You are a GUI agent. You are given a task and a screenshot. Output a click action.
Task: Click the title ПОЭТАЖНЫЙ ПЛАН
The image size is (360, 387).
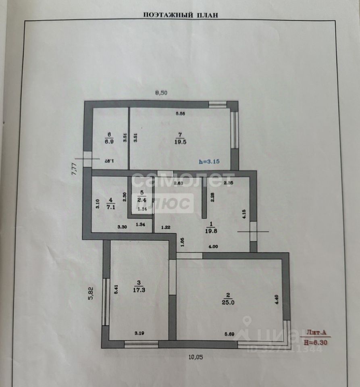pos(180,15)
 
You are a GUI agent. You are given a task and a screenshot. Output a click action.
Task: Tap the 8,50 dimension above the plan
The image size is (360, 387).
pos(161,93)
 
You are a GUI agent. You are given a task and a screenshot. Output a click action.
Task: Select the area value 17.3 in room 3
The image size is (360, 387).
pos(139,289)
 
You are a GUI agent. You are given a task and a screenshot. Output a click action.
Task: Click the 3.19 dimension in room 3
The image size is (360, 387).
pos(139,333)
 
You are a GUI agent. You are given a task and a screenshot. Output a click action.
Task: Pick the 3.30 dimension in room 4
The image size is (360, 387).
pos(122,227)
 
